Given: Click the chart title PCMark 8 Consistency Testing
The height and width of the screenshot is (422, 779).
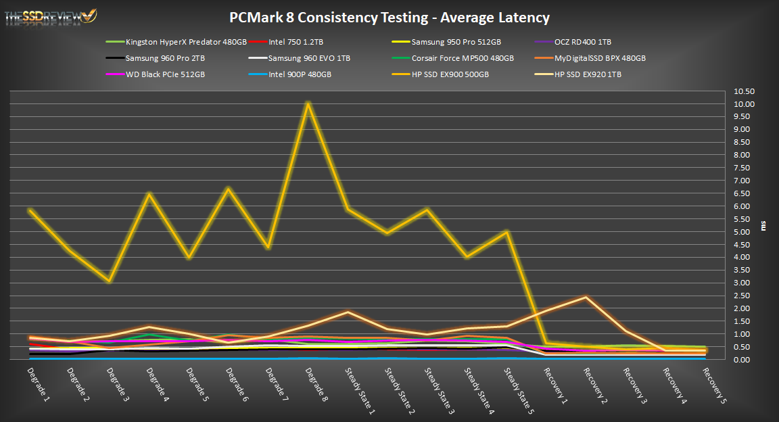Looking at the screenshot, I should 389,18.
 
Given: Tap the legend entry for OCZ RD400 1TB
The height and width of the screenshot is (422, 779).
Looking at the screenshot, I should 582,42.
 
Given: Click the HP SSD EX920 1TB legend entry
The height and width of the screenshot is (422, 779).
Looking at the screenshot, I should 588,74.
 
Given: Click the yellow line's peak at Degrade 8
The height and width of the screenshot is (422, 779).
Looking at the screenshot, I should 308,103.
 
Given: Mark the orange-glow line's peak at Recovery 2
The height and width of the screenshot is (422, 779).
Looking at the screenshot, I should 586,297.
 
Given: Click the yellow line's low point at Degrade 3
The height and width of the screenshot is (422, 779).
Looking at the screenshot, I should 110,281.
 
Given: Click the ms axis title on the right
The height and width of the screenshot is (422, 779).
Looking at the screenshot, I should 764,226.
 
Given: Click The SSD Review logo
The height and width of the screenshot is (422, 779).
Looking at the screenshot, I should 51,16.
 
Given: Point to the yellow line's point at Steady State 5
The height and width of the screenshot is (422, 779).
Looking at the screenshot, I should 506,232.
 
